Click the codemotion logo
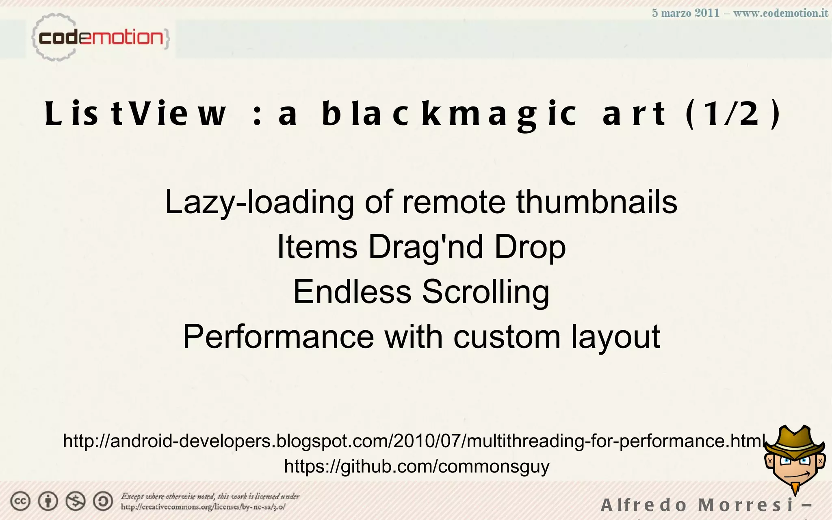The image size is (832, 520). click(100, 38)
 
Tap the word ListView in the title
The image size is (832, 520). click(135, 114)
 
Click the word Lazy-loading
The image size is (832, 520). click(259, 202)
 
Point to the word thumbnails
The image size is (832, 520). click(596, 202)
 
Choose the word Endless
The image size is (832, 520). click(352, 292)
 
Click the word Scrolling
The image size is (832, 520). click(486, 292)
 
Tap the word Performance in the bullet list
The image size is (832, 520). click(278, 337)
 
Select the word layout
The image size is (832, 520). click(615, 337)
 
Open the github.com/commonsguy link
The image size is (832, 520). click(416, 466)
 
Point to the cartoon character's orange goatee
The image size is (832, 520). click(795, 487)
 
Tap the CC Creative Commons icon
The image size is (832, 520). click(20, 501)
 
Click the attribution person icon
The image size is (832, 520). click(48, 501)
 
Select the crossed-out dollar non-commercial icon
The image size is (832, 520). click(76, 501)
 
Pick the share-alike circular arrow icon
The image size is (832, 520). click(103, 501)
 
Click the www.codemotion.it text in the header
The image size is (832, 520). click(780, 13)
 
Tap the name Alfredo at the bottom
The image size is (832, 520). click(643, 505)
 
